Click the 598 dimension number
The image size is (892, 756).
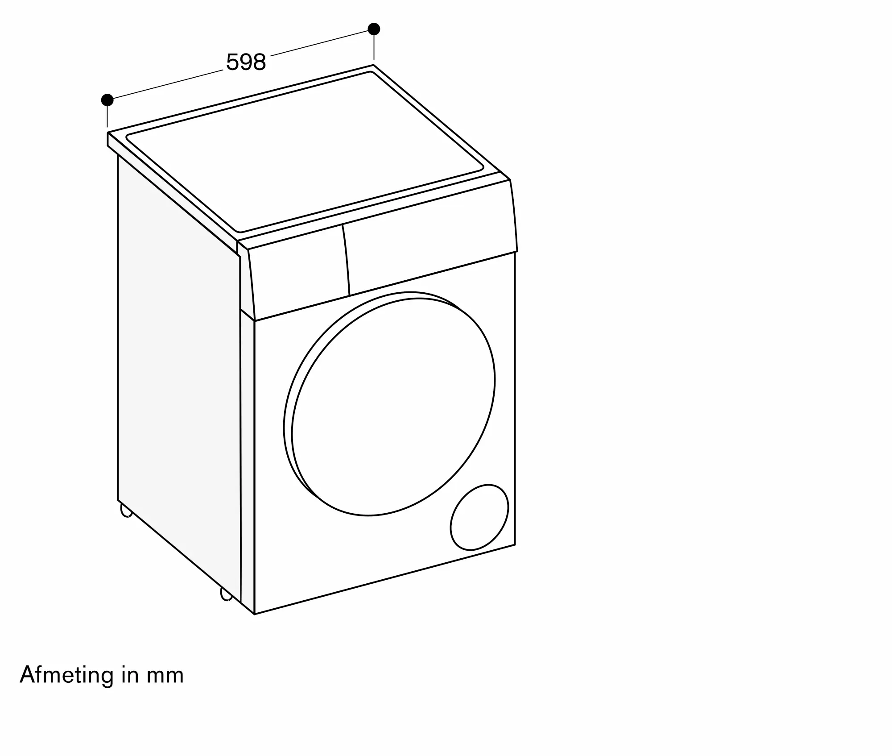(x=246, y=62)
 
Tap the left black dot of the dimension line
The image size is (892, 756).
(x=107, y=100)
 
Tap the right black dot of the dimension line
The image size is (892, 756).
(x=374, y=29)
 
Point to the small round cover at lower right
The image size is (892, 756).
(x=479, y=517)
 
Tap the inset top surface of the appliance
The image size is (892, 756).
(x=303, y=152)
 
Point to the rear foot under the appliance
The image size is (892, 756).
(x=126, y=511)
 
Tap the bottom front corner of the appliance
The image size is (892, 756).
(x=254, y=614)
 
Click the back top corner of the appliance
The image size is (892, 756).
(x=374, y=66)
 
